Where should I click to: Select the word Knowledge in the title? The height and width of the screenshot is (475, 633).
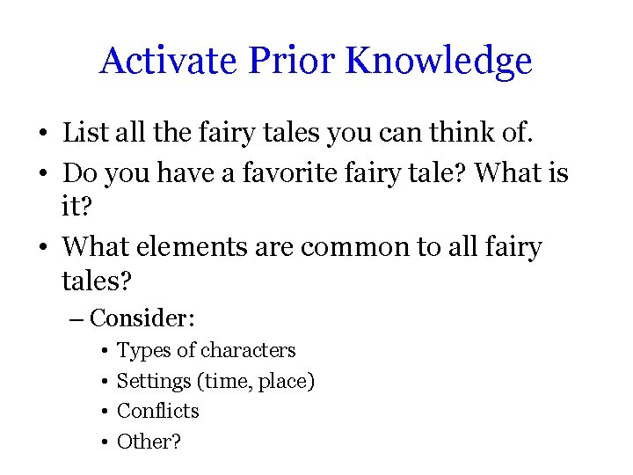(x=439, y=62)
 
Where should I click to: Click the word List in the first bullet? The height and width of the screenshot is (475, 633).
(x=83, y=134)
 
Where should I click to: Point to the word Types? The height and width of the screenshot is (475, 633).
(x=144, y=351)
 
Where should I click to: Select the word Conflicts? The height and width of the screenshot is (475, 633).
(x=158, y=411)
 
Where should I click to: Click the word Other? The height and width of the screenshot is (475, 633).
(x=145, y=442)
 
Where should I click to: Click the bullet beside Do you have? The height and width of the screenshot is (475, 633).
(x=42, y=173)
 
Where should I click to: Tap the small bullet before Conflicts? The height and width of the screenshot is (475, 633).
(x=104, y=412)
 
